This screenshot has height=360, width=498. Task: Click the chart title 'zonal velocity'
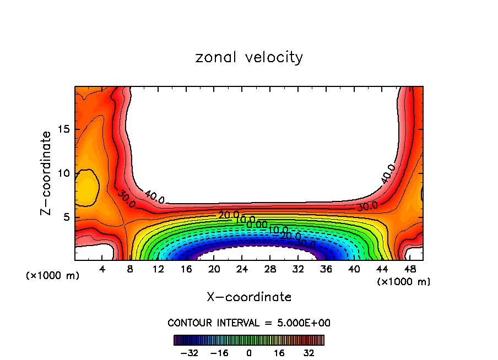pos(249,57)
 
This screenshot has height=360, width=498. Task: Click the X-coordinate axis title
pos(249,297)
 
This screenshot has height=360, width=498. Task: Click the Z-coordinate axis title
pos(46,173)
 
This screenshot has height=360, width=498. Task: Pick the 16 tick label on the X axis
pos(186,269)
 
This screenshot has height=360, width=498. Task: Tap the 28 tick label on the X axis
pos(270,269)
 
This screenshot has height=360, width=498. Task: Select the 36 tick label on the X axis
pos(326,269)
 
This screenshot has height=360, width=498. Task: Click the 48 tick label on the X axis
pos(410,269)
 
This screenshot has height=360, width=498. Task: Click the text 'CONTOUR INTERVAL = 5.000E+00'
pos(249,323)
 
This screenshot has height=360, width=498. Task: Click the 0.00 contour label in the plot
pos(257,225)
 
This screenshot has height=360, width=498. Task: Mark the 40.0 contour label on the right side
pos(388,173)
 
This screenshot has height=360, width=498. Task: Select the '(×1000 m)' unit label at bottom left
pos(53,276)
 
